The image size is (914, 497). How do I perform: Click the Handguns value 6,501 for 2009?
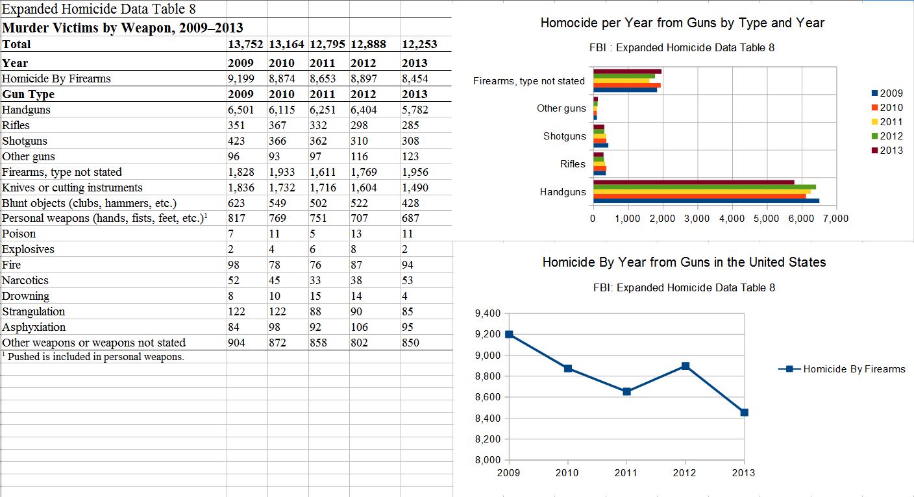point(241,110)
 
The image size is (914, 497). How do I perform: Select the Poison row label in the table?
point(19,234)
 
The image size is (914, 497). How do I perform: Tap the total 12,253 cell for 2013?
point(419,44)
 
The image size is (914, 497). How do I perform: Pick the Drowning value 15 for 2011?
point(316,296)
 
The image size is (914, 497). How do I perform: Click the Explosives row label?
point(29,249)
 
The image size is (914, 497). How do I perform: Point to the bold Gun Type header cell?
point(29,94)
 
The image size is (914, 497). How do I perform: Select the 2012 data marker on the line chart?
point(685,366)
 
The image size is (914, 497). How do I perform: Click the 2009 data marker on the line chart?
point(509,334)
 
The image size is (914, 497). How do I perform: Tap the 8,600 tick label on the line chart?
point(488,397)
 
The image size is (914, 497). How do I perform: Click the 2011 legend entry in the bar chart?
point(891,122)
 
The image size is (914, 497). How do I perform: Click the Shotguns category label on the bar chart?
point(564,136)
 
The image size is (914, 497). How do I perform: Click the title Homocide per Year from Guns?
point(682,23)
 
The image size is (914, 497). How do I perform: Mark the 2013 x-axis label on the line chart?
point(743,472)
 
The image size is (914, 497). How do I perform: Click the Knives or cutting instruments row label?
point(73,188)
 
